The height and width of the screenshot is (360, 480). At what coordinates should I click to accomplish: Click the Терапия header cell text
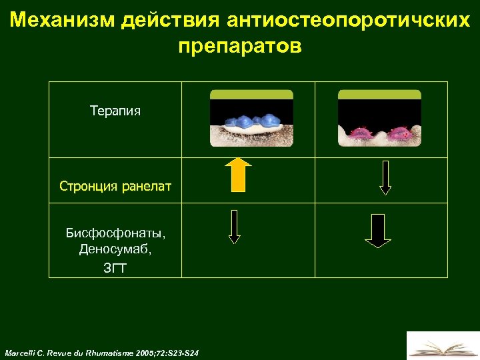pyautogui.click(x=115, y=110)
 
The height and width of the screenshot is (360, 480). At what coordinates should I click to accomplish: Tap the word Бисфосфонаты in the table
pyautogui.click(x=115, y=233)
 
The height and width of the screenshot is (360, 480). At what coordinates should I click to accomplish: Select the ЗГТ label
pyautogui.click(x=115, y=269)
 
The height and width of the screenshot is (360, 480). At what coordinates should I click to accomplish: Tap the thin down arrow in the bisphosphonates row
pyautogui.click(x=234, y=227)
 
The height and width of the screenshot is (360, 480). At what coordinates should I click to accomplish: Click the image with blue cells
pyautogui.click(x=251, y=118)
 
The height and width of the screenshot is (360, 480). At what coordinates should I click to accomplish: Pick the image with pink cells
pyautogui.click(x=379, y=118)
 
